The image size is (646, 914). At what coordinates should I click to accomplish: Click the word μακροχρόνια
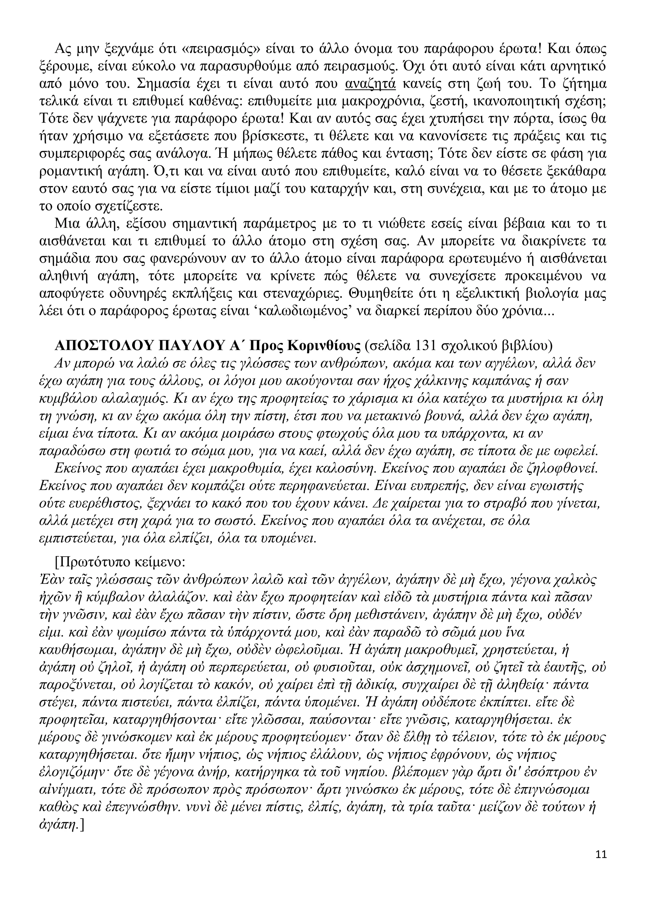(381, 102)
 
